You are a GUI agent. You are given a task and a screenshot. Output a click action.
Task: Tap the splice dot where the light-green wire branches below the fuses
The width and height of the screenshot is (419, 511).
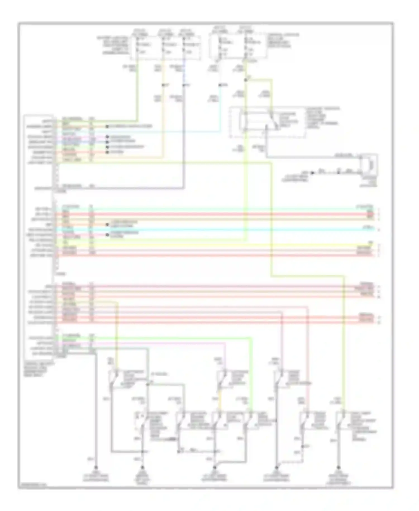246,80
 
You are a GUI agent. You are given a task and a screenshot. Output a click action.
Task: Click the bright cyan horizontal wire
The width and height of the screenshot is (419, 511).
212,230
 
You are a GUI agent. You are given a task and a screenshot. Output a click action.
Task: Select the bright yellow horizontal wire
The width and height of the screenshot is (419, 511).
212,245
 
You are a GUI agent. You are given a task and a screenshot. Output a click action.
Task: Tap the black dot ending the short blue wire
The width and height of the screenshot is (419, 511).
107,142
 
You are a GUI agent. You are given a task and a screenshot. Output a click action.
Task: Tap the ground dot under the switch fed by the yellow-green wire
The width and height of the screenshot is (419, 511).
339,467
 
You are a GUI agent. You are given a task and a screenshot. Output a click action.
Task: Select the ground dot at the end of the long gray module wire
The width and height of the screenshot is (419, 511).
96,467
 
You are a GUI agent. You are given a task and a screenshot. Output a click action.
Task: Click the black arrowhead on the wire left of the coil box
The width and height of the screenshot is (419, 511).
313,173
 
